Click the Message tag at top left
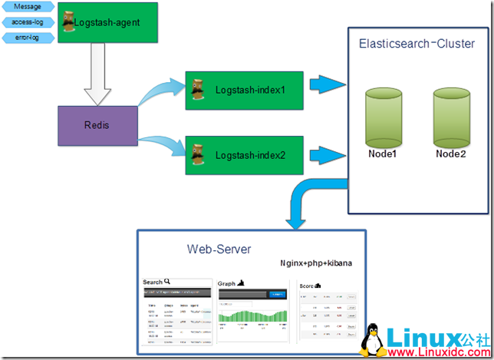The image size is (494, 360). (x=28, y=8)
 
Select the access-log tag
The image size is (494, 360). (x=28, y=22)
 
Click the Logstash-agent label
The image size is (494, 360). (x=107, y=23)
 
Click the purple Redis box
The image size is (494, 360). (x=98, y=124)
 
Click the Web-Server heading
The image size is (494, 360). (x=219, y=249)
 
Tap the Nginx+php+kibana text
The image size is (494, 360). (x=316, y=263)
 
